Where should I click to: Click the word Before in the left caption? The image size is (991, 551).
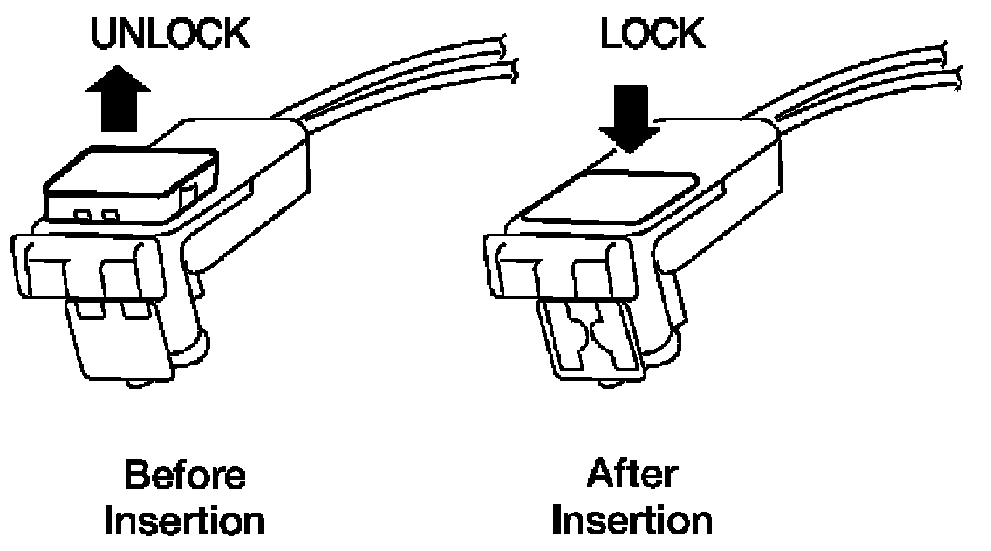pyautogui.click(x=185, y=477)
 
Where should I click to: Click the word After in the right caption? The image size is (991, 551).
pyautogui.click(x=632, y=477)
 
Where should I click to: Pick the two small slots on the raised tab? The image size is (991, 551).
pyautogui.click(x=95, y=215)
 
